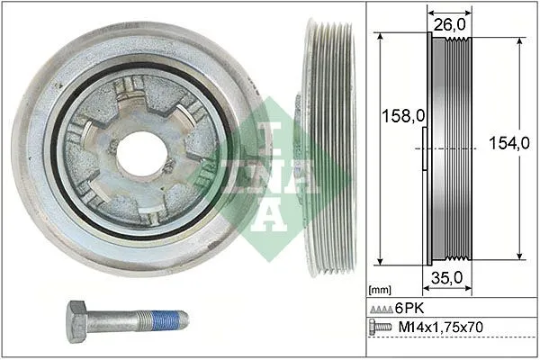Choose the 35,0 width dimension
pyautogui.click(x=446, y=278)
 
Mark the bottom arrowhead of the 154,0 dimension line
pyautogui.click(x=520, y=258)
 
